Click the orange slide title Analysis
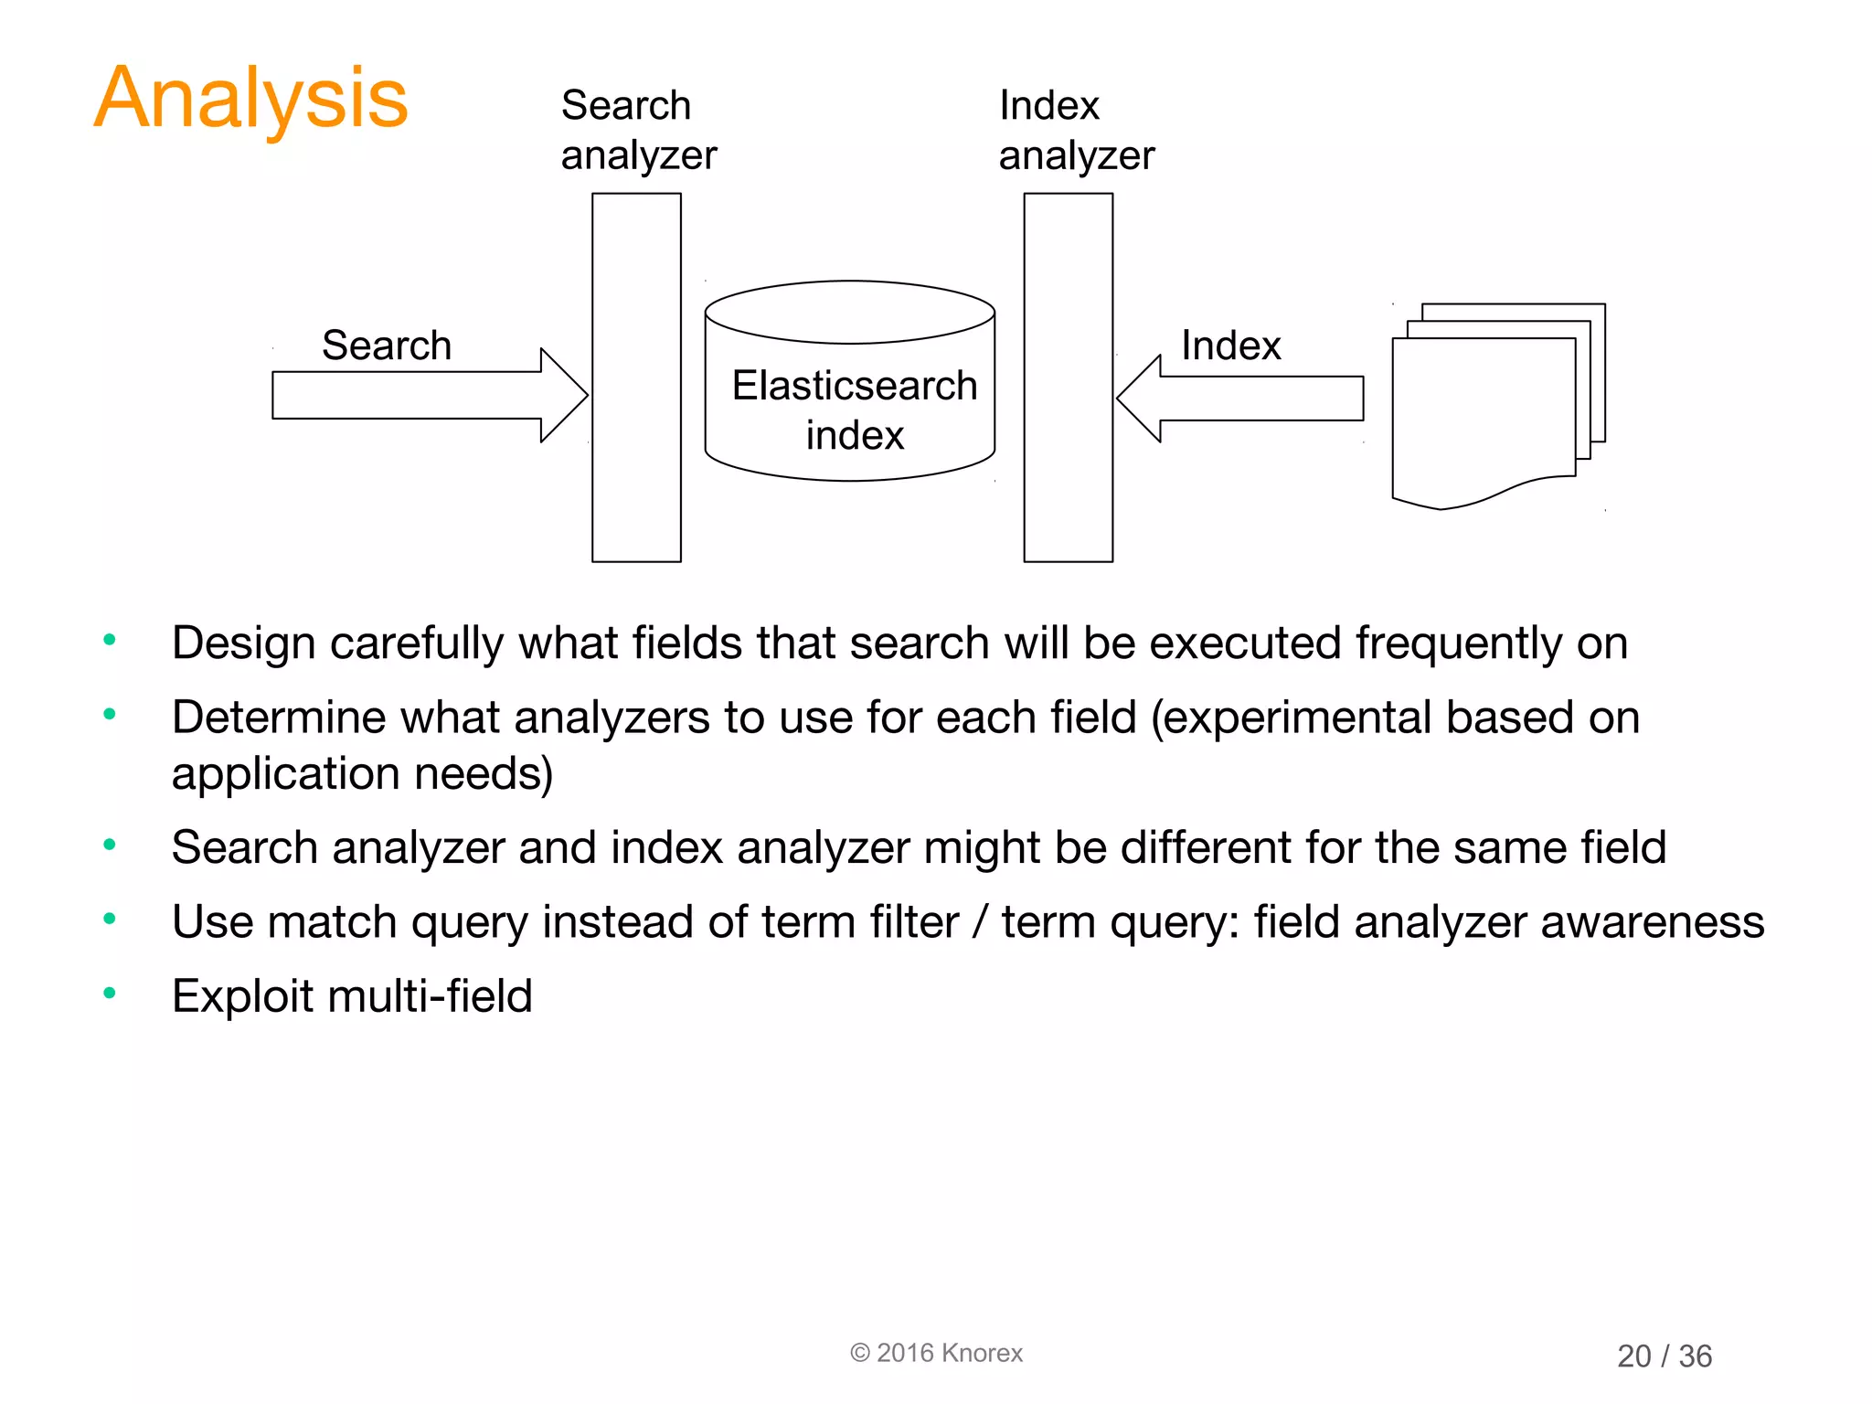(251, 99)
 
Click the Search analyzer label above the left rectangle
(638, 130)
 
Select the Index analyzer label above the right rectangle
(1076, 130)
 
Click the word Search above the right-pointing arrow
(387, 346)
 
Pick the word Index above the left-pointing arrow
(1230, 346)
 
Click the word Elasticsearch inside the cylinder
(855, 386)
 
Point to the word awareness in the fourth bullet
(1652, 921)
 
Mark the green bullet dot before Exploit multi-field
(110, 993)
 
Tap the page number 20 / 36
(1664, 1356)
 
